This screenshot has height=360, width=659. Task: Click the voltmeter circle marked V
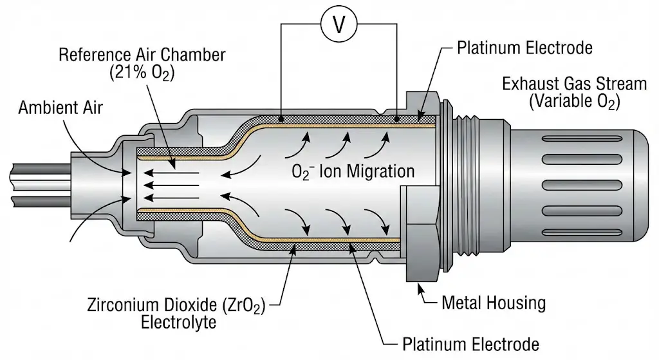point(340,26)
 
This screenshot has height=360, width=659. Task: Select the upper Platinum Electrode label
point(524,48)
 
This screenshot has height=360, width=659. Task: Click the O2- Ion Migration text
point(353,172)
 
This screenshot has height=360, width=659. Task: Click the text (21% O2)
point(141,73)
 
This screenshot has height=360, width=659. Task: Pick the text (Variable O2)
point(574,101)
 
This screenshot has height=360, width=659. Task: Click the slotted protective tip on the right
point(579,180)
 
